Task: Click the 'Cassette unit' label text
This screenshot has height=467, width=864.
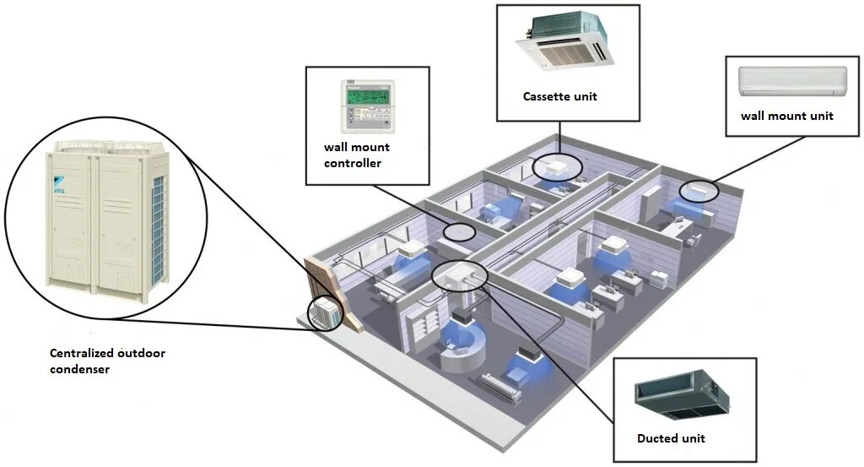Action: coord(559,96)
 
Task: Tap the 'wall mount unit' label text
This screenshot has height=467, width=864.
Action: coord(786,115)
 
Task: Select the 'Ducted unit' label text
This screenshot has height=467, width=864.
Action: coord(671,438)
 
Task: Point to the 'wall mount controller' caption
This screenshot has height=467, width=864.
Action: coord(357,155)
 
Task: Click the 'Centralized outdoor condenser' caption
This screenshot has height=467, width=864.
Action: coord(107,361)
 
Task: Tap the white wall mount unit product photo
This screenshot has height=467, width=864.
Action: coord(792,82)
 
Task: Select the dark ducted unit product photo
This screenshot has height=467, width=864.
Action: coord(682,398)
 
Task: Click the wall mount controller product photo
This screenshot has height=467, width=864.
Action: coord(368,106)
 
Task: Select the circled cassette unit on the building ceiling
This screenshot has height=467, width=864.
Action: coord(557,165)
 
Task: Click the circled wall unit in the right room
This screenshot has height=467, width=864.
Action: coord(699,191)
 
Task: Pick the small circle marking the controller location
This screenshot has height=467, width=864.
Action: coord(459,234)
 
